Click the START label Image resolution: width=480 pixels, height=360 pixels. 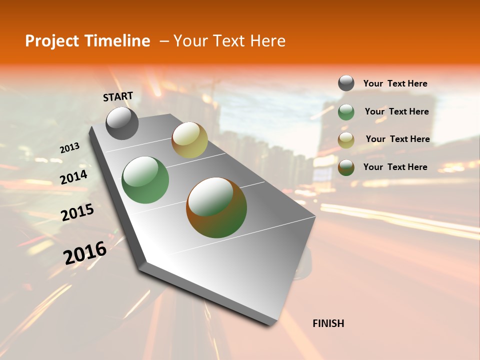(118, 96)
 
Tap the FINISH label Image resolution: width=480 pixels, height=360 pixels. (328, 323)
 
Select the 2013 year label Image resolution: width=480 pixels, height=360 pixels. (70, 148)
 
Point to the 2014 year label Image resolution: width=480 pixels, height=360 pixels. (73, 177)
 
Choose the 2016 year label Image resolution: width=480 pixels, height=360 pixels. (85, 252)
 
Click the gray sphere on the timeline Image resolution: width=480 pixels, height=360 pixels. (122, 123)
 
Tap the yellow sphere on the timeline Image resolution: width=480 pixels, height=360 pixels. (189, 140)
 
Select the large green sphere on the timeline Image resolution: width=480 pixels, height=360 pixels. (145, 180)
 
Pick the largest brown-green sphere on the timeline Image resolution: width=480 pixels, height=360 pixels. (216, 207)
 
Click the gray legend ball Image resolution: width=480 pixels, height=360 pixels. (346, 83)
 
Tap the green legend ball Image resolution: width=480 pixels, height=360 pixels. (346, 112)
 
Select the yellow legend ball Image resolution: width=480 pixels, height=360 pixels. (346, 140)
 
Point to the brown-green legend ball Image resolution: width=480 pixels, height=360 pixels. (346, 167)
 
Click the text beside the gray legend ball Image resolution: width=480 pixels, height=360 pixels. (395, 83)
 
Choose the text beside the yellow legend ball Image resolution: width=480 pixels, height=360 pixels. (397, 139)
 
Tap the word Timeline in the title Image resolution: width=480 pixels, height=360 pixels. (120, 41)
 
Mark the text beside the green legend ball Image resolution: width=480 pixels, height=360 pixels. (396, 111)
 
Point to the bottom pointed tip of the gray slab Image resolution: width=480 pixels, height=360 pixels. (271, 325)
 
